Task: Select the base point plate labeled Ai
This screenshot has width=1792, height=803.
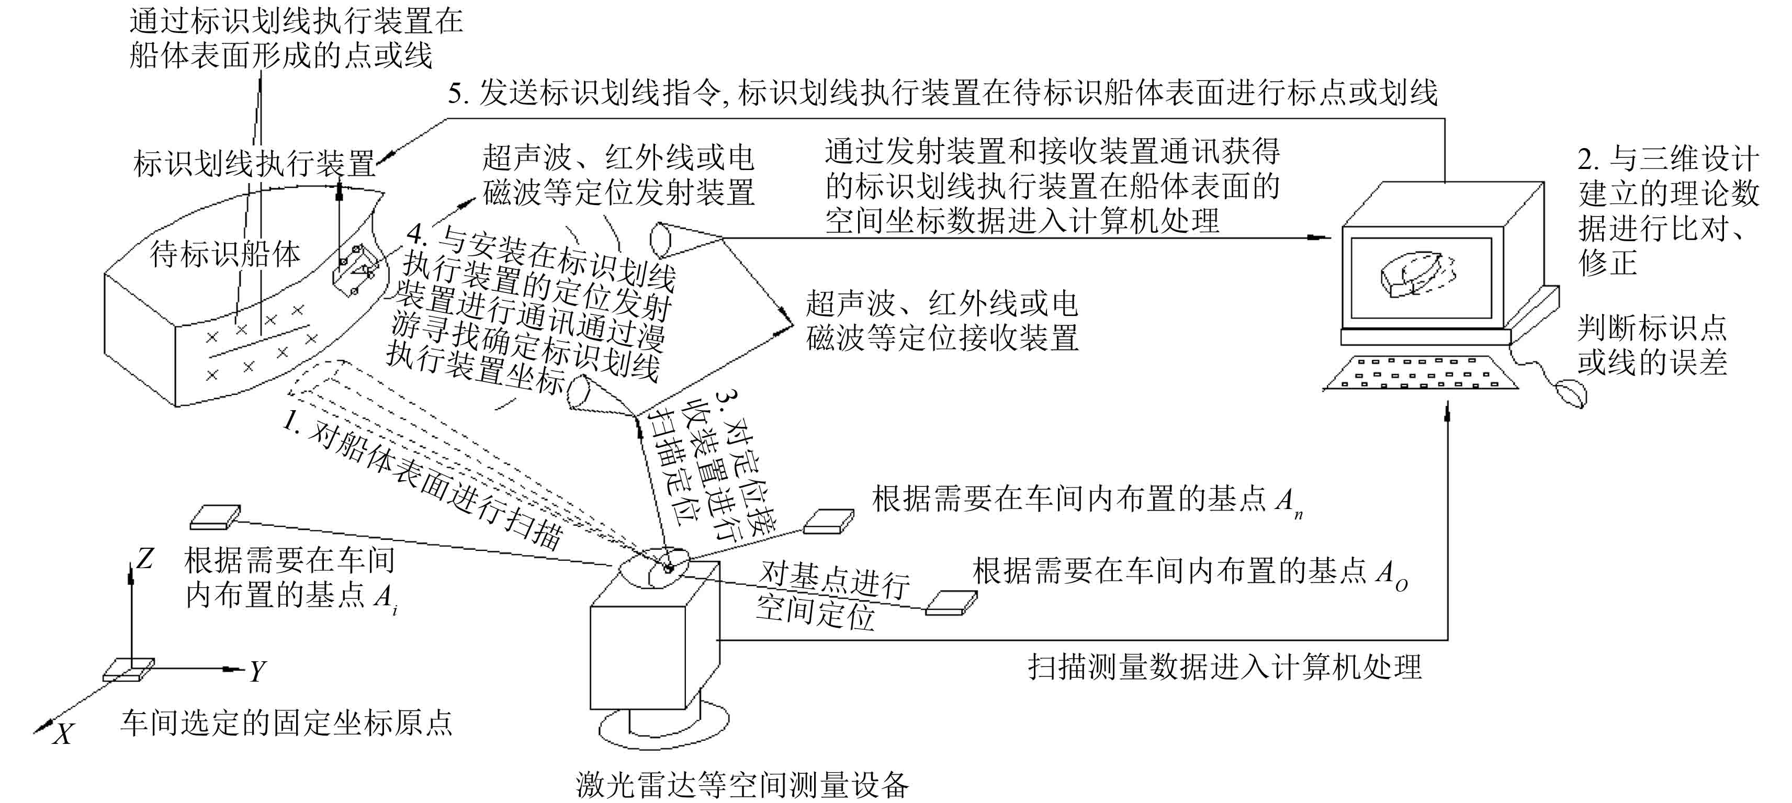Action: [x=215, y=516]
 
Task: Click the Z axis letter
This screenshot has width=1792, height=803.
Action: [x=145, y=559]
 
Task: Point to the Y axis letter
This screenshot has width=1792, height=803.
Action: [x=257, y=672]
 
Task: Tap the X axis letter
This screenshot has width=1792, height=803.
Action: [x=63, y=734]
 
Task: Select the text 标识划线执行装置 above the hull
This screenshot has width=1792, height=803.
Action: [x=254, y=164]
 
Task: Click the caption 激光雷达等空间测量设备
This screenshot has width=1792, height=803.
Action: [x=742, y=784]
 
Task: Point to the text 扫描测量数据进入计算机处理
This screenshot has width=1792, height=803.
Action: [x=1224, y=666]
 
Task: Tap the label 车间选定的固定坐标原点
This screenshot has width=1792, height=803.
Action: [x=286, y=723]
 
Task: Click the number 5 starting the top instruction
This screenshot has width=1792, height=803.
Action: [x=456, y=93]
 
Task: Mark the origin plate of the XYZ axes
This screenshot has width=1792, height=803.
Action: [x=128, y=670]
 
